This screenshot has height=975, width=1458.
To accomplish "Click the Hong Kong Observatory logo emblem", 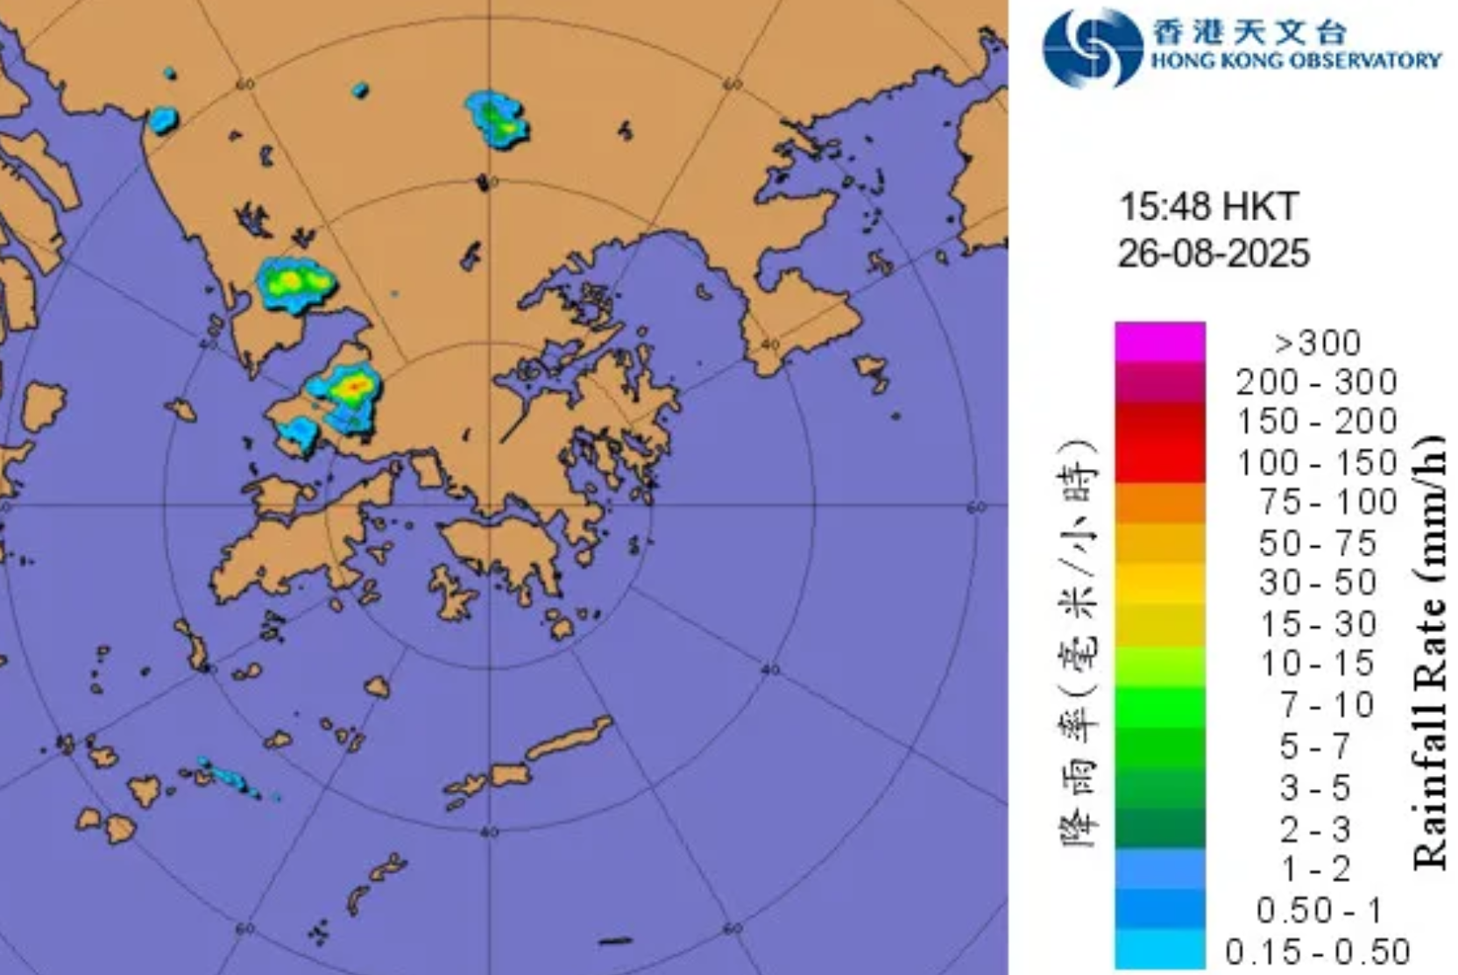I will (x=1092, y=47).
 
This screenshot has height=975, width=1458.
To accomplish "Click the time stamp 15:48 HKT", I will (x=1208, y=208).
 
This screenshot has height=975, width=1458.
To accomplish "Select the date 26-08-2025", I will (x=1214, y=253).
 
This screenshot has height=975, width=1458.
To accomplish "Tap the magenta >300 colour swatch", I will (x=1159, y=342).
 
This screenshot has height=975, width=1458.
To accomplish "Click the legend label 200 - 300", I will (x=1316, y=382).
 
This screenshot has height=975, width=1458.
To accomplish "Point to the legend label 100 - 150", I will (x=1316, y=463).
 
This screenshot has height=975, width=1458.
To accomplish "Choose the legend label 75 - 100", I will (x=1328, y=502).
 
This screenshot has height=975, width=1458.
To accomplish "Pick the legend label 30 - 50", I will (x=1318, y=583).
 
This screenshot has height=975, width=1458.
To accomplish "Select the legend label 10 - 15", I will (x=1317, y=664).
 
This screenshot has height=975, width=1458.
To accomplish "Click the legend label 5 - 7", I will (x=1315, y=746).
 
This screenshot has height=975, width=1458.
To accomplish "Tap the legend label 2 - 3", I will (x=1315, y=829).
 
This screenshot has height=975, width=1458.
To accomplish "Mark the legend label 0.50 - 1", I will (x=1319, y=910).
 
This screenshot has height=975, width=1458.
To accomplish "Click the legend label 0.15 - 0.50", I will (x=1317, y=951).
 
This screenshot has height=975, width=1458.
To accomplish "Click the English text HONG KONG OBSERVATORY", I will (x=1295, y=60).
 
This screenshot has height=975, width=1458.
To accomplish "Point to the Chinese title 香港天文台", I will (x=1248, y=32).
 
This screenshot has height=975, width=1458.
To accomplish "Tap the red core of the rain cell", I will (x=354, y=385).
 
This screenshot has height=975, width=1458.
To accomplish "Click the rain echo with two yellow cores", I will (x=296, y=282).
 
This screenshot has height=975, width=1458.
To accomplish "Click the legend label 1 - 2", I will (x=1315, y=869).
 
